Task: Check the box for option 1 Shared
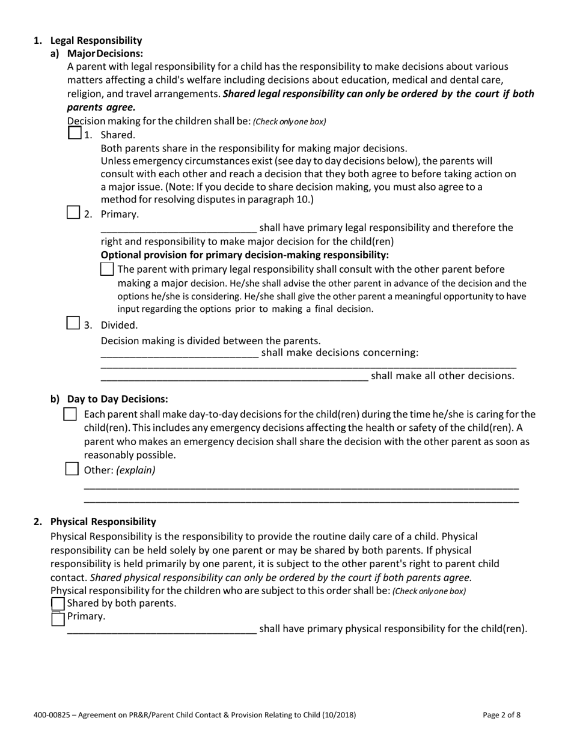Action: [x=74, y=133]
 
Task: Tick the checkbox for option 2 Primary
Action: [x=73, y=212]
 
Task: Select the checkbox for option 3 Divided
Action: [x=73, y=323]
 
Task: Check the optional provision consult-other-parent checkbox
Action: [x=107, y=269]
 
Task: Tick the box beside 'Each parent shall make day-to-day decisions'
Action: [x=70, y=415]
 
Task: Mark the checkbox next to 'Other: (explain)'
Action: [x=71, y=469]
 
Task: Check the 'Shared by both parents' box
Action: [x=58, y=603]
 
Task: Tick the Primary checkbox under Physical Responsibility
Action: [x=58, y=618]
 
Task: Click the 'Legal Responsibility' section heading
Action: [x=96, y=41]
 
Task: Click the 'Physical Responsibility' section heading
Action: [x=103, y=522]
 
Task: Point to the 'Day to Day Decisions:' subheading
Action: [x=117, y=399]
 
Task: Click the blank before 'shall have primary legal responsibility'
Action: [x=179, y=228]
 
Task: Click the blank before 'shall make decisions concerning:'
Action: [x=179, y=353]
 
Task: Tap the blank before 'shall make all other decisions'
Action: [x=234, y=377]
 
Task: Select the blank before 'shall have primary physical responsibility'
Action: [x=162, y=630]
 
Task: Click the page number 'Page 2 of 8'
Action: [x=501, y=715]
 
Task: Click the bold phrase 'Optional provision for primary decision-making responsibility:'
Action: [x=245, y=255]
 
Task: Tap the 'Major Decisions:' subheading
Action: [x=105, y=53]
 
